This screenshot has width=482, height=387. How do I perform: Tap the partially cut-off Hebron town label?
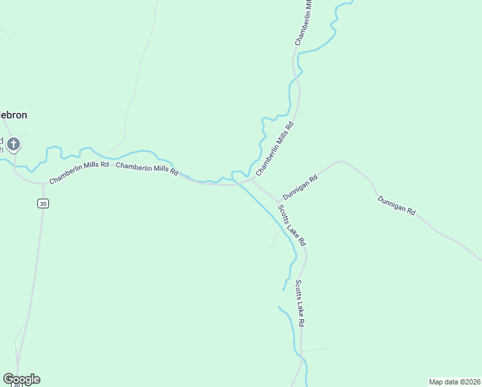[x=13, y=115]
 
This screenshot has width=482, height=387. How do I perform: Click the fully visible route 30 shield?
[x=43, y=204]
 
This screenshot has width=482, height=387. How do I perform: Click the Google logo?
[x=21, y=379]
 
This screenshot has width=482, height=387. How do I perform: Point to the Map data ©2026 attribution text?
[x=454, y=382]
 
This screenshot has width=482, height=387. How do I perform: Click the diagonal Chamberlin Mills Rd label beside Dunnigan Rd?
[x=275, y=149]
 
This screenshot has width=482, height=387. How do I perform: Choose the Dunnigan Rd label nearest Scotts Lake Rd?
[x=300, y=187]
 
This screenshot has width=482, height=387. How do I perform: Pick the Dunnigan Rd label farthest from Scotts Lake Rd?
[x=396, y=205]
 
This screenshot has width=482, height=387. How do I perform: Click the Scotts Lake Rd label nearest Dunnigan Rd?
[x=292, y=225]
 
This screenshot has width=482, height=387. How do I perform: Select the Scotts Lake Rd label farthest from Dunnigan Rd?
[x=300, y=303]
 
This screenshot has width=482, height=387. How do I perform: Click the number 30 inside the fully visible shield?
[x=43, y=204]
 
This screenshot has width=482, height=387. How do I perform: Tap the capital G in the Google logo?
[x=8, y=379]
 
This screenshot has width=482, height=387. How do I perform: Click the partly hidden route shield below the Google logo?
[x=18, y=385]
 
